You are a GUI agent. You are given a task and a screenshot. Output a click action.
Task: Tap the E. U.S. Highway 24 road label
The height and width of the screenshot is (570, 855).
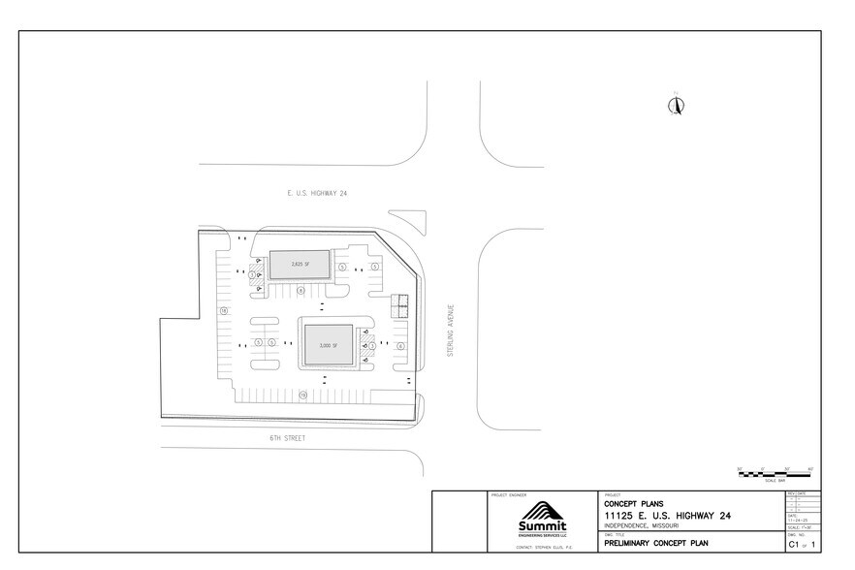317,194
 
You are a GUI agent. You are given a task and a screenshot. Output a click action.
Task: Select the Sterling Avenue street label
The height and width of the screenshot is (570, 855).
450,332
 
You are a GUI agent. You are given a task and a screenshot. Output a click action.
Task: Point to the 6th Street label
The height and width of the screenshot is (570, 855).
288,438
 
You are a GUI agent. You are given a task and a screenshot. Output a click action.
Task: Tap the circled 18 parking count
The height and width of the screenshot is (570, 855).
224,311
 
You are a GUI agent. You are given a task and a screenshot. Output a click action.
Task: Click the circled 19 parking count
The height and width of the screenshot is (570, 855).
302,395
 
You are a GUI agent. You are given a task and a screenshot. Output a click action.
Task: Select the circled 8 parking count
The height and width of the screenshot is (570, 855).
301,290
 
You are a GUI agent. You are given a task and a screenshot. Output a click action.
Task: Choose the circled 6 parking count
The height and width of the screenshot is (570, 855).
399,345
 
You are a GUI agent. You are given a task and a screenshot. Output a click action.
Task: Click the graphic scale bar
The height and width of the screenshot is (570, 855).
775,474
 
